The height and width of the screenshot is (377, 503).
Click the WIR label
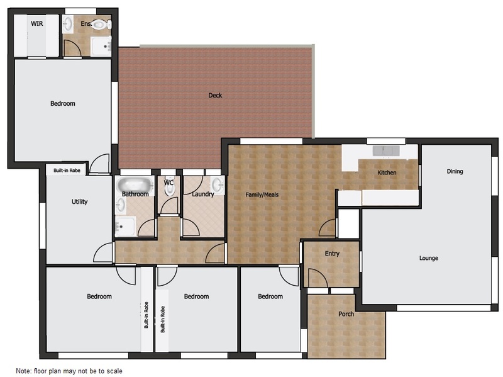[x=37, y=23]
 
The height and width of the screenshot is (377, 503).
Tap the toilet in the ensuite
[x=101, y=24]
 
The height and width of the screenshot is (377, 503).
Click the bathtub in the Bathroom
[x=135, y=185]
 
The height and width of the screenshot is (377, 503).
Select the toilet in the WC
[x=169, y=186]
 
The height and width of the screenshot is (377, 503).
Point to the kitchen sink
[x=386, y=150]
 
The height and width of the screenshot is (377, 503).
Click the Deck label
[x=215, y=95]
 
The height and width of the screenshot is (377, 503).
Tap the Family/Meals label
[x=262, y=194]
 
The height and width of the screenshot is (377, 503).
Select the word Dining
[x=455, y=171]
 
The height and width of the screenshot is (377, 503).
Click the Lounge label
[x=429, y=258]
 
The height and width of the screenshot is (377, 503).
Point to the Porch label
[x=346, y=313]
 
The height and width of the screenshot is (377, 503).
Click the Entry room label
[x=332, y=254]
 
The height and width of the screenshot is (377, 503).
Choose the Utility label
[x=80, y=201]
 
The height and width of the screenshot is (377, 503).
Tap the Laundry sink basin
[x=218, y=185]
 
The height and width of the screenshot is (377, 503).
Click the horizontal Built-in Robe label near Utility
[x=67, y=171]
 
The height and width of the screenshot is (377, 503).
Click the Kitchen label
[x=387, y=172]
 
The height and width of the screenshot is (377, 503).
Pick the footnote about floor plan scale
[x=69, y=371]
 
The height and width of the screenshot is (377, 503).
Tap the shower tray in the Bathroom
[x=125, y=226]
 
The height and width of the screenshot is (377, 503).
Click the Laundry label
[x=202, y=194]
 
